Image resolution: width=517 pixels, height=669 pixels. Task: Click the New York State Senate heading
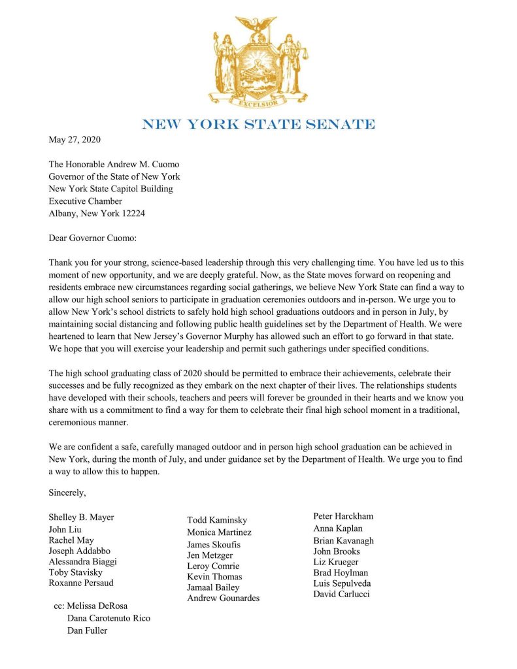pos(258,123)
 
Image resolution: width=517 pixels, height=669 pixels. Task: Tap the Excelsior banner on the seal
pos(258,102)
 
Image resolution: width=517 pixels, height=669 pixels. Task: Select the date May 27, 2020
pos(75,139)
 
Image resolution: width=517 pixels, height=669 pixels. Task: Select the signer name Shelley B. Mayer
pos(81,517)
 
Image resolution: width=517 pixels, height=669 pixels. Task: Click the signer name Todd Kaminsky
pos(217,520)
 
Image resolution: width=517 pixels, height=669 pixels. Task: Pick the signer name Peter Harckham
pos(343,516)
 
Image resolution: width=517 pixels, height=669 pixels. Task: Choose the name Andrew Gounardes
pos(223,598)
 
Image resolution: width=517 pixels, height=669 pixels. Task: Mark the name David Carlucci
pos(341,594)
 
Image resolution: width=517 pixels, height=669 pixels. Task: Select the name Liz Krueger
pos(336,562)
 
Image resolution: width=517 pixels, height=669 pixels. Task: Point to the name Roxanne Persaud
pos(81,583)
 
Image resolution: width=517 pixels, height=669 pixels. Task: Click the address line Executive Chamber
pos(86,201)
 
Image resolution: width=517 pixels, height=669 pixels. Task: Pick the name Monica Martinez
pos(219,532)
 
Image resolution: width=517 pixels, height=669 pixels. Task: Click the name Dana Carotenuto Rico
pos(108,618)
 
